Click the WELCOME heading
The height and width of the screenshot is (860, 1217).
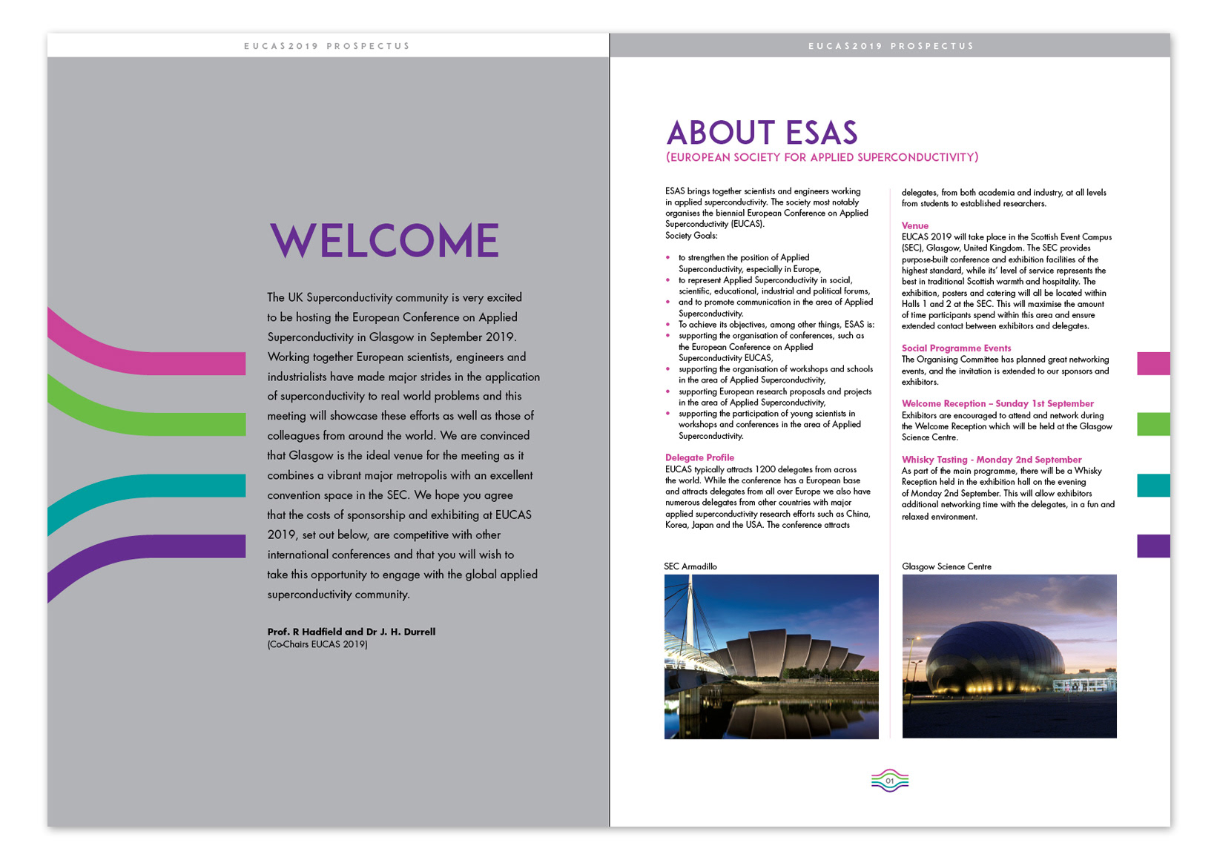[x=384, y=240]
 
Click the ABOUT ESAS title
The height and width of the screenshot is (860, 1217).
[x=762, y=133]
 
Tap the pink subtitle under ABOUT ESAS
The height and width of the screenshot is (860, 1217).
[x=822, y=157]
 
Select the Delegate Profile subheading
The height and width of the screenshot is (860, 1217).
[x=699, y=457]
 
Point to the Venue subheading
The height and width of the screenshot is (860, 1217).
[x=914, y=225]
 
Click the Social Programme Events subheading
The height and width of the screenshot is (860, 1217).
[x=956, y=348]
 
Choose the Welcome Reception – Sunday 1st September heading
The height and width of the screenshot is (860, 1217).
[x=997, y=403]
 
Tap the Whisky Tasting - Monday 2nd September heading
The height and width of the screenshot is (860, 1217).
[x=992, y=460]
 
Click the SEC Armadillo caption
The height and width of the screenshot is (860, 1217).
[x=690, y=566]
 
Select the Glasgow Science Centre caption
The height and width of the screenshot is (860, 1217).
[x=946, y=566]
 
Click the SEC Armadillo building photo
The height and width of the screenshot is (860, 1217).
[x=771, y=656]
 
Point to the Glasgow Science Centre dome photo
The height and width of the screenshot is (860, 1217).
[x=1009, y=656]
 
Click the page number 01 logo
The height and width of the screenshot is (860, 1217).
[x=890, y=781]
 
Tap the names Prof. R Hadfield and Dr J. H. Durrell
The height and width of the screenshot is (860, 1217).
[x=352, y=632]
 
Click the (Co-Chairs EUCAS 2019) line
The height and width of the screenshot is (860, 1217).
[x=317, y=644]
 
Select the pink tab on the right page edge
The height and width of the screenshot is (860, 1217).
[x=1153, y=363]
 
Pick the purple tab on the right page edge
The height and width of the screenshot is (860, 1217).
[x=1153, y=546]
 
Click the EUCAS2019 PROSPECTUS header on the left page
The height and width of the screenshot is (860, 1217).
[x=327, y=46]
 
